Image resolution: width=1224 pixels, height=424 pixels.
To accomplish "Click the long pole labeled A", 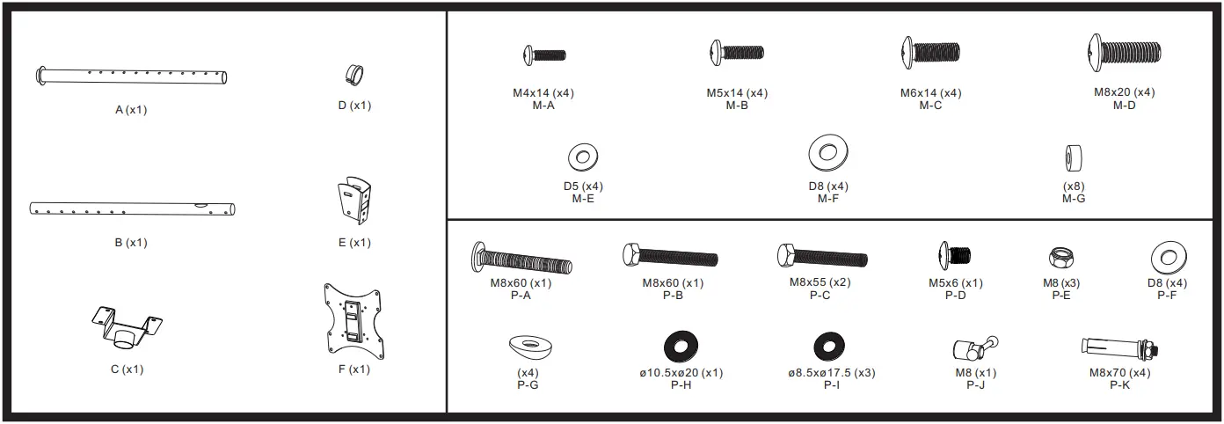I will (x=132, y=76).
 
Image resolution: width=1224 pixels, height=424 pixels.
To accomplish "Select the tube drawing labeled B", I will (x=132, y=209).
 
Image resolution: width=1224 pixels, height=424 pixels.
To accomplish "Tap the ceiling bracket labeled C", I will (x=128, y=327).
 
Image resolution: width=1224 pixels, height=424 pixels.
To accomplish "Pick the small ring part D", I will (x=354, y=74).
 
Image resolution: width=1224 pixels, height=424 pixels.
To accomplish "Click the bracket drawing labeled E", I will (x=354, y=201).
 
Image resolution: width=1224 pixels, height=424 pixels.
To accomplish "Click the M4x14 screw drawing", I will (x=544, y=55).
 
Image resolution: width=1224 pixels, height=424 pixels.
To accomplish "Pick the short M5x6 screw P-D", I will (x=955, y=256).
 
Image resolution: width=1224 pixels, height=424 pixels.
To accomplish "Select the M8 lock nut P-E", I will (x=1060, y=258).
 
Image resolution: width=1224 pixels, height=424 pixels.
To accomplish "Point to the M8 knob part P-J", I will (x=973, y=348).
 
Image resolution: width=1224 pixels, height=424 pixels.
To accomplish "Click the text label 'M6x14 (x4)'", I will (x=930, y=93).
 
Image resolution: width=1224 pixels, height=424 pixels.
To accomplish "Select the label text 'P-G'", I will (x=528, y=384).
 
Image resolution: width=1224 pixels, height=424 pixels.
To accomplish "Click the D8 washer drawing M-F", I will (x=827, y=153).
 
